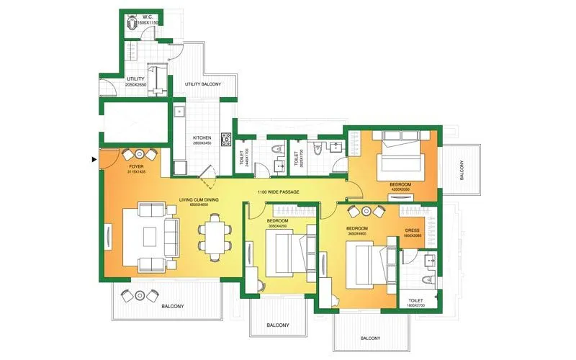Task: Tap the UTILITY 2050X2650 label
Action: point(136,81)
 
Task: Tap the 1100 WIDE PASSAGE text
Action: point(278,192)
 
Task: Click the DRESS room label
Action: point(413,233)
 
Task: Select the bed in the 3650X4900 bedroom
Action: point(365,264)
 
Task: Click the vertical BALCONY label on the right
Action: point(462,170)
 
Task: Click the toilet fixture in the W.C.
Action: point(132,24)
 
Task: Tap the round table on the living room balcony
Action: point(138,295)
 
